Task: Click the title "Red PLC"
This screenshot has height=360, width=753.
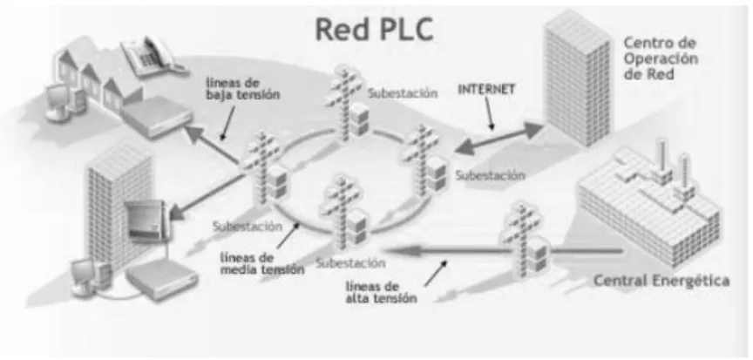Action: [374, 30]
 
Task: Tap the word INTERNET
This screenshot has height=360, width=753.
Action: [486, 89]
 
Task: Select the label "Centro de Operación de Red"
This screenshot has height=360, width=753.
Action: [661, 58]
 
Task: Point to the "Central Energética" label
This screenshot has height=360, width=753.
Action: [661, 281]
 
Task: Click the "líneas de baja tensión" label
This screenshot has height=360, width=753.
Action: [242, 88]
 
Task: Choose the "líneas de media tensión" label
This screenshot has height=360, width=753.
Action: [262, 263]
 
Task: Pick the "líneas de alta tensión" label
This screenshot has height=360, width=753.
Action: [382, 292]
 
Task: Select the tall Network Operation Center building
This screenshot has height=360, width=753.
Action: [578, 78]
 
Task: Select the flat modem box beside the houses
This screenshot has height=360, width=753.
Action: [156, 117]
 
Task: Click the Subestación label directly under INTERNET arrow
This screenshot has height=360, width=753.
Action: [491, 176]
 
